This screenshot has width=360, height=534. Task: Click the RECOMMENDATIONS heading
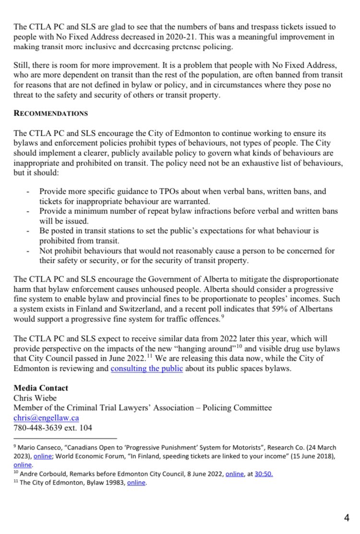(x=51, y=114)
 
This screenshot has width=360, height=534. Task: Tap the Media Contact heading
(x=41, y=388)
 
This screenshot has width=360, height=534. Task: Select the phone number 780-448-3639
(x=41, y=428)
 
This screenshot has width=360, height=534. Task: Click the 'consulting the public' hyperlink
(x=146, y=369)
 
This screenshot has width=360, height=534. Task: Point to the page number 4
(x=347, y=517)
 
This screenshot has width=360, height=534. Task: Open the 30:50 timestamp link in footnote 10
(x=263, y=474)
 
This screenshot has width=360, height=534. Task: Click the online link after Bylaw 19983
(x=136, y=483)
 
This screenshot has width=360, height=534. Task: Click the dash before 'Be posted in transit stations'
(x=29, y=231)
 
